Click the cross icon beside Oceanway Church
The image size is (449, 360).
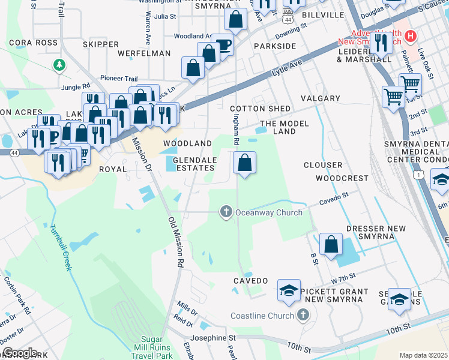[x=226, y=211]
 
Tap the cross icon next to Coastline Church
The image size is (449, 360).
[x=304, y=315]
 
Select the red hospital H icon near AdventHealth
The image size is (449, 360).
[x=411, y=37]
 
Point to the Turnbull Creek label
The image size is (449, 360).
[x=59, y=247]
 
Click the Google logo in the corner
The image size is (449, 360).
[x=19, y=353]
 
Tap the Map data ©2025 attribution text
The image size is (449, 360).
[x=423, y=355]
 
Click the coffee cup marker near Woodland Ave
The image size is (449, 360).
[x=223, y=44]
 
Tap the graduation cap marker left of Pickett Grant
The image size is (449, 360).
[x=289, y=291]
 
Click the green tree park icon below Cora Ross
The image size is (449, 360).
[x=59, y=64]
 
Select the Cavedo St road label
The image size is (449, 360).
[x=333, y=198]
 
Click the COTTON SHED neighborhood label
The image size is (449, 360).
[x=252, y=109]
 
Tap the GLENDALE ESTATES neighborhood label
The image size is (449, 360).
[x=198, y=165]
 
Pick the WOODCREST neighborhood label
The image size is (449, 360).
[x=342, y=178]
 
